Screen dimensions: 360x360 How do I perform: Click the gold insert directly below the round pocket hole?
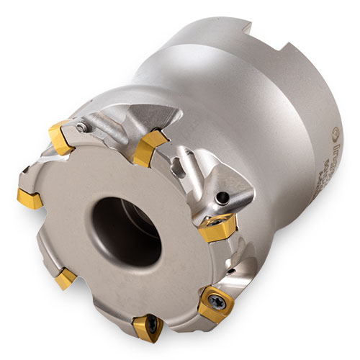tap(218, 229)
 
